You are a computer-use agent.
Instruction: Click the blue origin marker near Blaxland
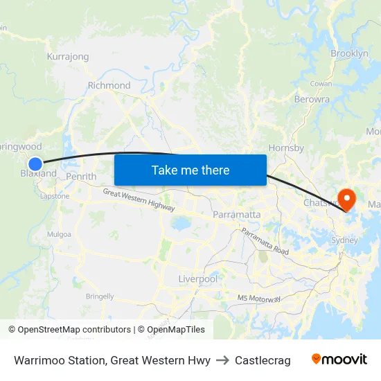[35, 163]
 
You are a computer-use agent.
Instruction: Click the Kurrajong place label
[67, 56]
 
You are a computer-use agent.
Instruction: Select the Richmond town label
[109, 85]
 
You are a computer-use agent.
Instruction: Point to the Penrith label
[81, 177]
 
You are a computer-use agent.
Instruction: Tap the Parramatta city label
[237, 214]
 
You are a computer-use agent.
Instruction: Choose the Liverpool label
[197, 278]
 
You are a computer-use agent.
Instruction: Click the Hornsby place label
[285, 148]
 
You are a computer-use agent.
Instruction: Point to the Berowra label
[312, 99]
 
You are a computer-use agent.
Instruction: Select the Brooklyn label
[349, 53]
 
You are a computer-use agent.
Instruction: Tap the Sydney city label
[345, 240]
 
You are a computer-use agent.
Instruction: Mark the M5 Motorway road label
[258, 298]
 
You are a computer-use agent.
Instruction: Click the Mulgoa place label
[59, 234]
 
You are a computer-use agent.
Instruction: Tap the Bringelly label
[100, 296]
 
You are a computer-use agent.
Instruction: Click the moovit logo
[339, 360]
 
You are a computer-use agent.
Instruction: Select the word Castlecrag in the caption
[263, 360]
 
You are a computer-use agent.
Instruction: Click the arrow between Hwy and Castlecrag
[222, 360]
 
